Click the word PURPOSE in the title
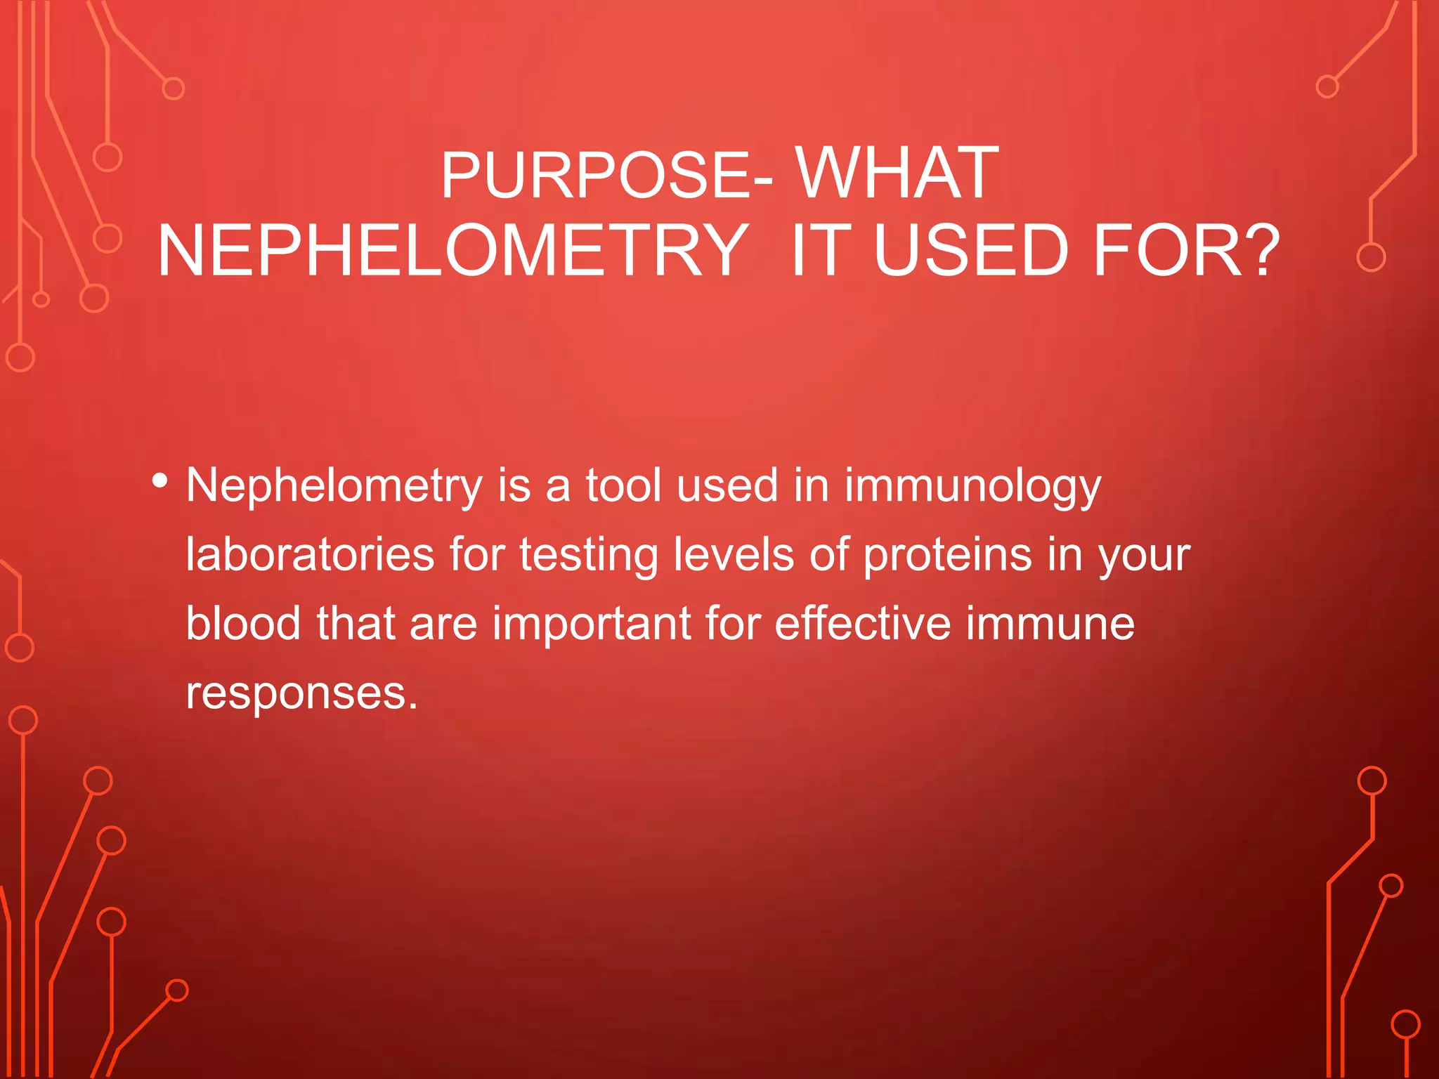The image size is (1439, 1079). pos(597,175)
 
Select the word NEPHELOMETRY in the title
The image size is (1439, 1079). pos(452,251)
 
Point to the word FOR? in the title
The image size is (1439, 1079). pos(1187,251)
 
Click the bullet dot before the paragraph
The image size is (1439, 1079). pos(160,481)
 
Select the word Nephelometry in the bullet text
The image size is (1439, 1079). pos(334,486)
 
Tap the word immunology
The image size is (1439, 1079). pos(972,486)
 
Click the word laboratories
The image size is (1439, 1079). pos(310,555)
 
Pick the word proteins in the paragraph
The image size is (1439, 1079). pos(947,555)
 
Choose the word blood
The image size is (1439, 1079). pos(243,624)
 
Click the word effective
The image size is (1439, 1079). pos(862,624)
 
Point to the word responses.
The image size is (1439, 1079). pos(301,694)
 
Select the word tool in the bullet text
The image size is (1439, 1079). pos(624,486)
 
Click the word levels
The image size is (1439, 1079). pos(734,555)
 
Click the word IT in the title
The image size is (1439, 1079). pos(821,251)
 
